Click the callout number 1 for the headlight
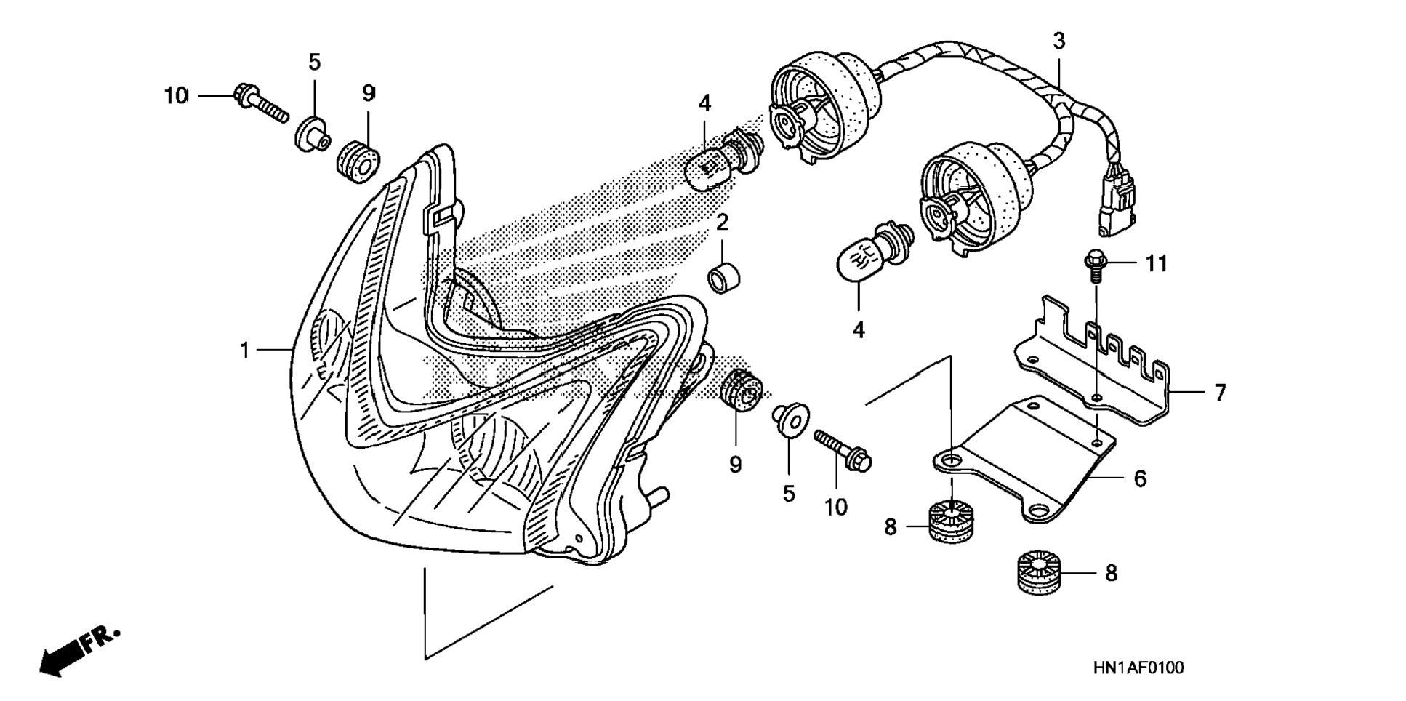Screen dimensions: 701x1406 [245, 350]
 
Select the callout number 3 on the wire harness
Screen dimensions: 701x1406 [1058, 41]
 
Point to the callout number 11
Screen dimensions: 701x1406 [1156, 263]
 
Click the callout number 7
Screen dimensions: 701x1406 [1220, 393]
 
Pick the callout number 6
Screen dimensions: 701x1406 [1140, 478]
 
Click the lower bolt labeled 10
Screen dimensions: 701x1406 [843, 449]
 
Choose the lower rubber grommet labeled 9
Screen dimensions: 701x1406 [740, 393]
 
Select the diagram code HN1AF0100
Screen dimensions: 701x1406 [1138, 668]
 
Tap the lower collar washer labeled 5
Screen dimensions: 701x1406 [790, 420]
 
